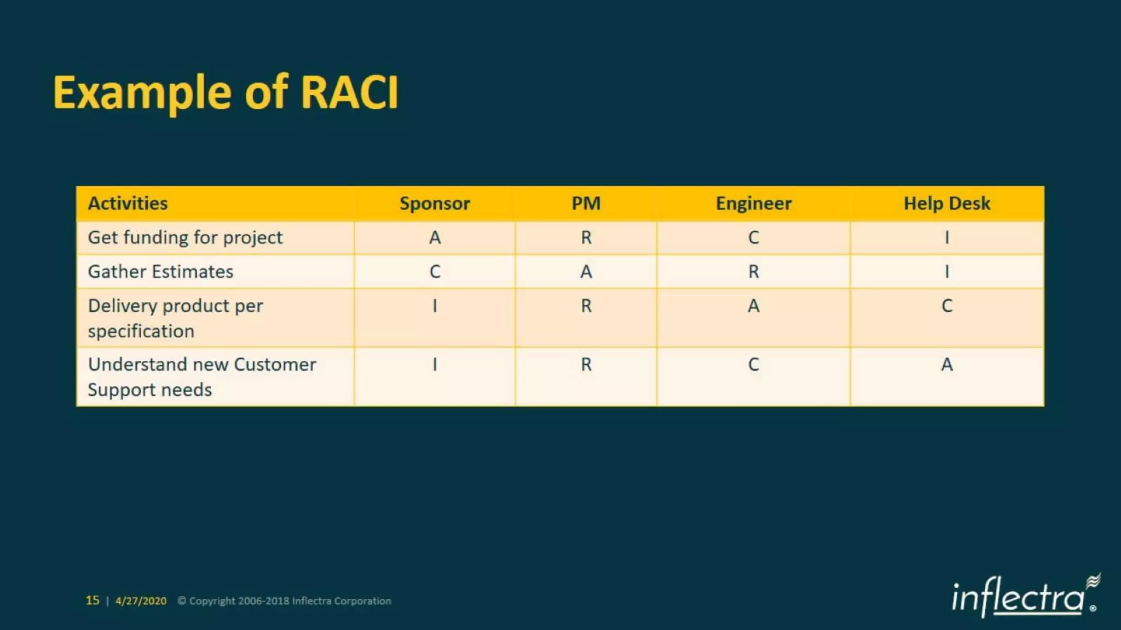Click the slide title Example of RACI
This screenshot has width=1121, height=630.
pyautogui.click(x=226, y=93)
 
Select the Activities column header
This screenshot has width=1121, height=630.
pyautogui.click(x=128, y=203)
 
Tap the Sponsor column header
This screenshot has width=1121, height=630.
pyautogui.click(x=435, y=203)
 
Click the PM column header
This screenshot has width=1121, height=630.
pyautogui.click(x=586, y=203)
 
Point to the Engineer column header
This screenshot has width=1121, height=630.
pyautogui.click(x=753, y=203)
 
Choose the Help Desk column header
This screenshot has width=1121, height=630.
pyautogui.click(x=946, y=203)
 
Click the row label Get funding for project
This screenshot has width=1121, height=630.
pyautogui.click(x=185, y=238)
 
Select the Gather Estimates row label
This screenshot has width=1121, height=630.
pyautogui.click(x=160, y=272)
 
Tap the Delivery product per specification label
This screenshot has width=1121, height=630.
pyautogui.click(x=175, y=318)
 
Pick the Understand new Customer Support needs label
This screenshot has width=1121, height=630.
pyautogui.click(x=201, y=377)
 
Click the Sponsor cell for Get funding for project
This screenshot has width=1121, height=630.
pyautogui.click(x=435, y=238)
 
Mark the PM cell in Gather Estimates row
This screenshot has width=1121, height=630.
pyautogui.click(x=586, y=272)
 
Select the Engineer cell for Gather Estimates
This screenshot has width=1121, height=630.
pyautogui.click(x=753, y=272)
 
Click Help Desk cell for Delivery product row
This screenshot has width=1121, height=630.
pyautogui.click(x=946, y=306)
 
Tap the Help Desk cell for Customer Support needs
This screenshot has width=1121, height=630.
pyautogui.click(x=946, y=365)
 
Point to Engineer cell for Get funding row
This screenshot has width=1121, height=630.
pyautogui.click(x=753, y=238)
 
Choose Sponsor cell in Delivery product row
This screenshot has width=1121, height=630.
pyautogui.click(x=435, y=306)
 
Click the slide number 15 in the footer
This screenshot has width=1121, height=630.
pyautogui.click(x=93, y=600)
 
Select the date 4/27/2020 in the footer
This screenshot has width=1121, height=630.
pyautogui.click(x=141, y=601)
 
